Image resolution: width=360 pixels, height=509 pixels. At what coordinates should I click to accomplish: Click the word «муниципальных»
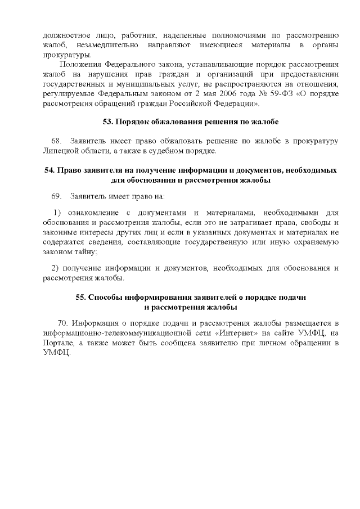click(128, 85)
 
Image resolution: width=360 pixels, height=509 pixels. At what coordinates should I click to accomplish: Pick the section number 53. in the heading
click(109, 121)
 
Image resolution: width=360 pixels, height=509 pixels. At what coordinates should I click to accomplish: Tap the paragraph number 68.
click(56, 141)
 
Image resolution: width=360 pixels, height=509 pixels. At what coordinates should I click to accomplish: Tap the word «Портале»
click(58, 343)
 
